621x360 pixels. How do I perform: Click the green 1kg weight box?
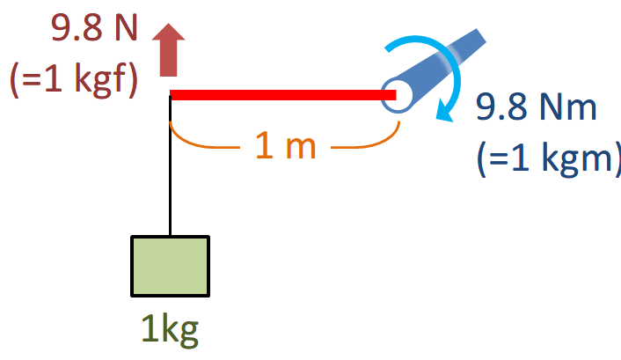tap(170, 266)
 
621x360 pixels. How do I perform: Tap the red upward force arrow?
tap(170, 50)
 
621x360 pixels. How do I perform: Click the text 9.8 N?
tap(95, 28)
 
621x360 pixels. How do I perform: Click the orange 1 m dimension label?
tap(285, 146)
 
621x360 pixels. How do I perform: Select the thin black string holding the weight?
tap(170, 167)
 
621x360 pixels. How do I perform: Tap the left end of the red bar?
tap(174, 94)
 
